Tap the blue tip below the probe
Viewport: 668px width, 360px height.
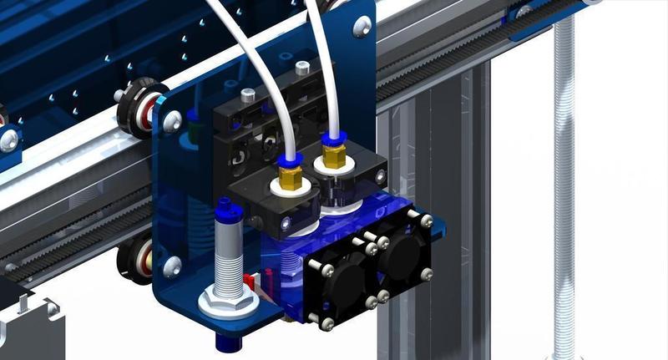tap(226, 338)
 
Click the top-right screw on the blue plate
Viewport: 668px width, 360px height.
tap(362, 28)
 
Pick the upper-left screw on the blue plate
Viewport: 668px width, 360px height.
tap(174, 121)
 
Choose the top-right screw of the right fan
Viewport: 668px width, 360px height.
tap(427, 221)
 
